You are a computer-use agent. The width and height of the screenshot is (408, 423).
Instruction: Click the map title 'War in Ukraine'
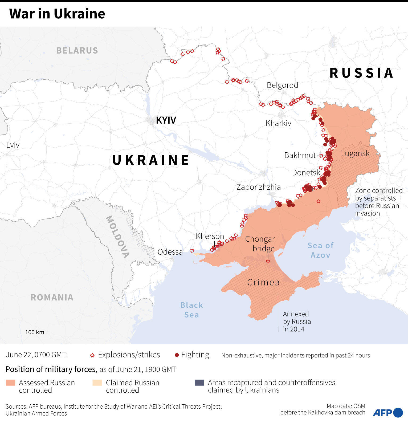pyautogui.click(x=57, y=14)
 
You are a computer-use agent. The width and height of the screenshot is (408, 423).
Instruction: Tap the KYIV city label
pyautogui.click(x=166, y=120)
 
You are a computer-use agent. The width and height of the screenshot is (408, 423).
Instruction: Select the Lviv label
pyautogui.click(x=13, y=145)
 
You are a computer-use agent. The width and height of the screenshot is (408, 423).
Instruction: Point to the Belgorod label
pyautogui.click(x=282, y=85)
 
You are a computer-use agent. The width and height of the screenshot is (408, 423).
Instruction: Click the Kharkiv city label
pyautogui.click(x=278, y=123)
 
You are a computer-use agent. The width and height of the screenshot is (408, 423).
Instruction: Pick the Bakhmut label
pyautogui.click(x=300, y=155)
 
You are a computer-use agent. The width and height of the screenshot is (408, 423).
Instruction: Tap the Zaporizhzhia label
pyautogui.click(x=258, y=187)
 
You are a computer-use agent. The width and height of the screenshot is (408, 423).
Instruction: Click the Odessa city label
pyautogui.click(x=170, y=252)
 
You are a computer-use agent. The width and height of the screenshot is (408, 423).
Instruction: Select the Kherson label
pyautogui.click(x=210, y=236)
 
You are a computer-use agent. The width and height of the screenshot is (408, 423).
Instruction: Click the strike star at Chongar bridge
pyautogui.click(x=268, y=262)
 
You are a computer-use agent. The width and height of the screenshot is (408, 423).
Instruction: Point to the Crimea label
pyautogui.click(x=263, y=282)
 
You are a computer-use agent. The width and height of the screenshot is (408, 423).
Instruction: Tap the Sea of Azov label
pyautogui.click(x=320, y=250)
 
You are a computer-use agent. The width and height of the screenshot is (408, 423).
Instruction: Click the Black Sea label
pyautogui.click(x=191, y=310)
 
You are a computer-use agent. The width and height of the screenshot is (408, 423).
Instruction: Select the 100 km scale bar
pyautogui.click(x=35, y=335)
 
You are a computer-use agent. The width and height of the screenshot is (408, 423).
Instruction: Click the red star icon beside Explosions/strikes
pyautogui.click(x=92, y=355)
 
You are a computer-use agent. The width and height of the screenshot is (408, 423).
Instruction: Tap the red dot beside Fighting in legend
pyautogui.click(x=177, y=355)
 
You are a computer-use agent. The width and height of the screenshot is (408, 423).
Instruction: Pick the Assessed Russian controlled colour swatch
pyautogui.click(x=11, y=383)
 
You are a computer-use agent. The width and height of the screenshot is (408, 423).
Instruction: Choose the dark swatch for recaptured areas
pyautogui.click(x=199, y=383)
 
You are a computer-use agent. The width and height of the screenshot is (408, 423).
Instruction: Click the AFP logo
pyautogui.click(x=387, y=413)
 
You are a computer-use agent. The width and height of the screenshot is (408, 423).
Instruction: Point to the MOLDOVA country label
pyautogui.click(x=117, y=237)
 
